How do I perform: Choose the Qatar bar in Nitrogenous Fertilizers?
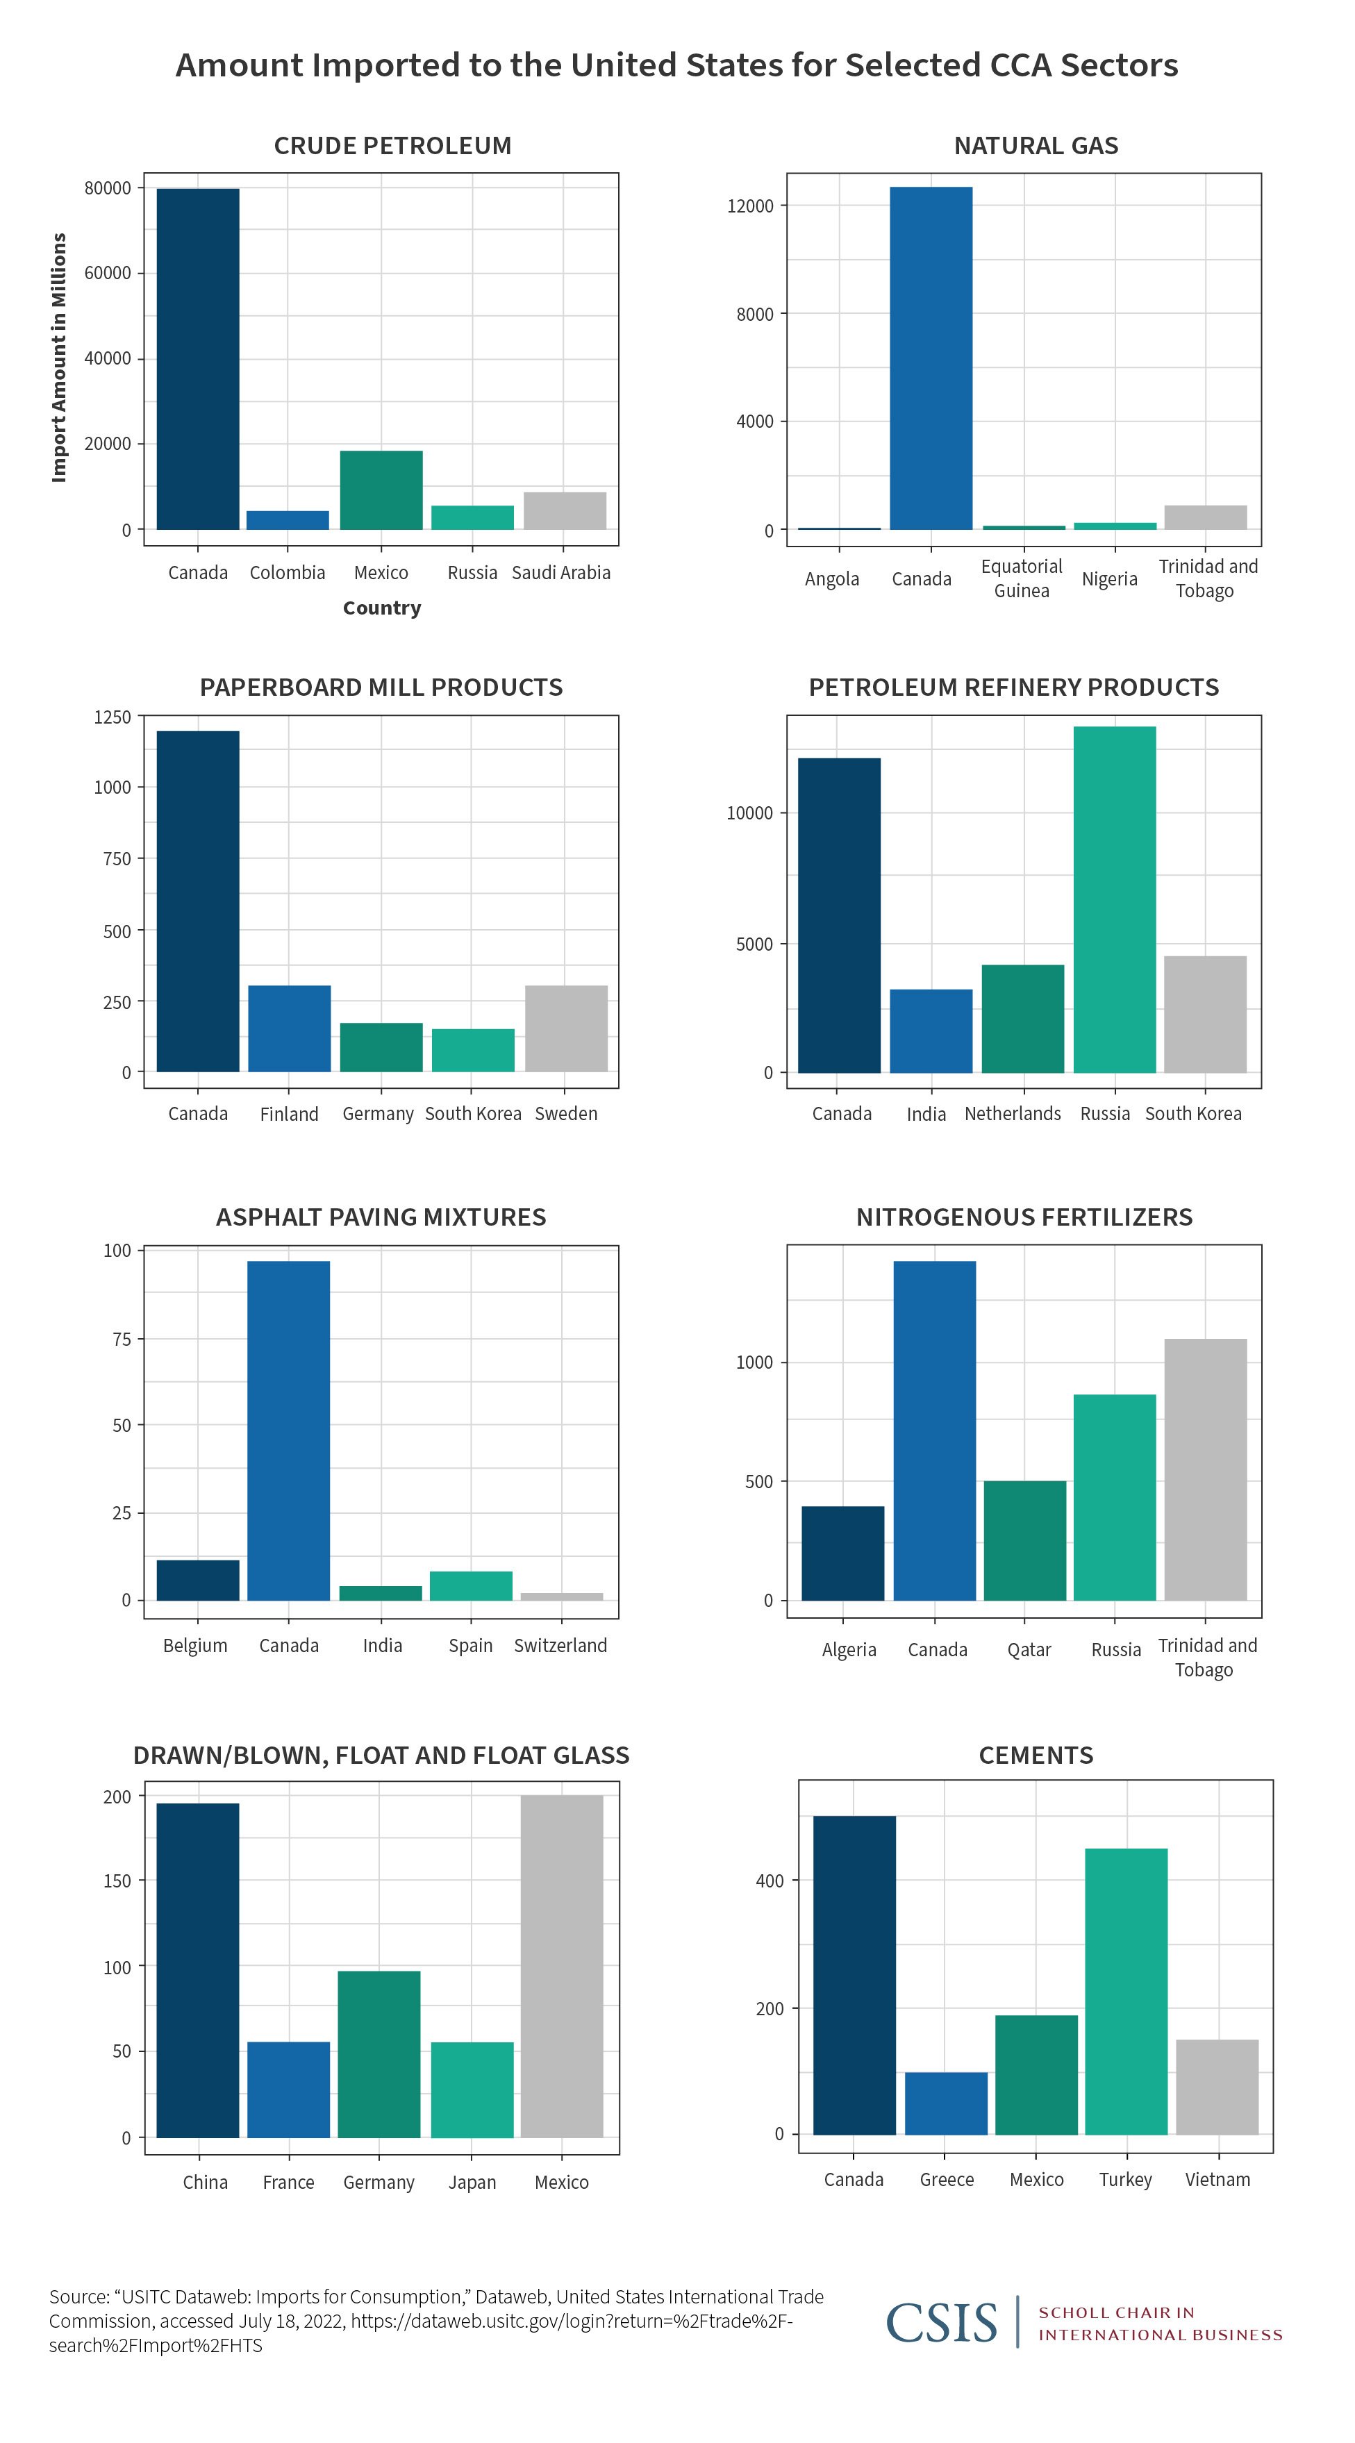(1024, 1540)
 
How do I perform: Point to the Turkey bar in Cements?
(1126, 1991)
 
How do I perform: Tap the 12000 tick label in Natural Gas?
(750, 206)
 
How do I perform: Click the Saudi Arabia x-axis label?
(561, 572)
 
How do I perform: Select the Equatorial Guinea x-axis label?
(1021, 578)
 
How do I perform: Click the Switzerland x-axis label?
(560, 1645)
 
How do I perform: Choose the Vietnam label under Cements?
(1217, 2179)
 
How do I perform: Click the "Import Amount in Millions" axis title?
(59, 358)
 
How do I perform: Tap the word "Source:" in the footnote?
(78, 2297)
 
